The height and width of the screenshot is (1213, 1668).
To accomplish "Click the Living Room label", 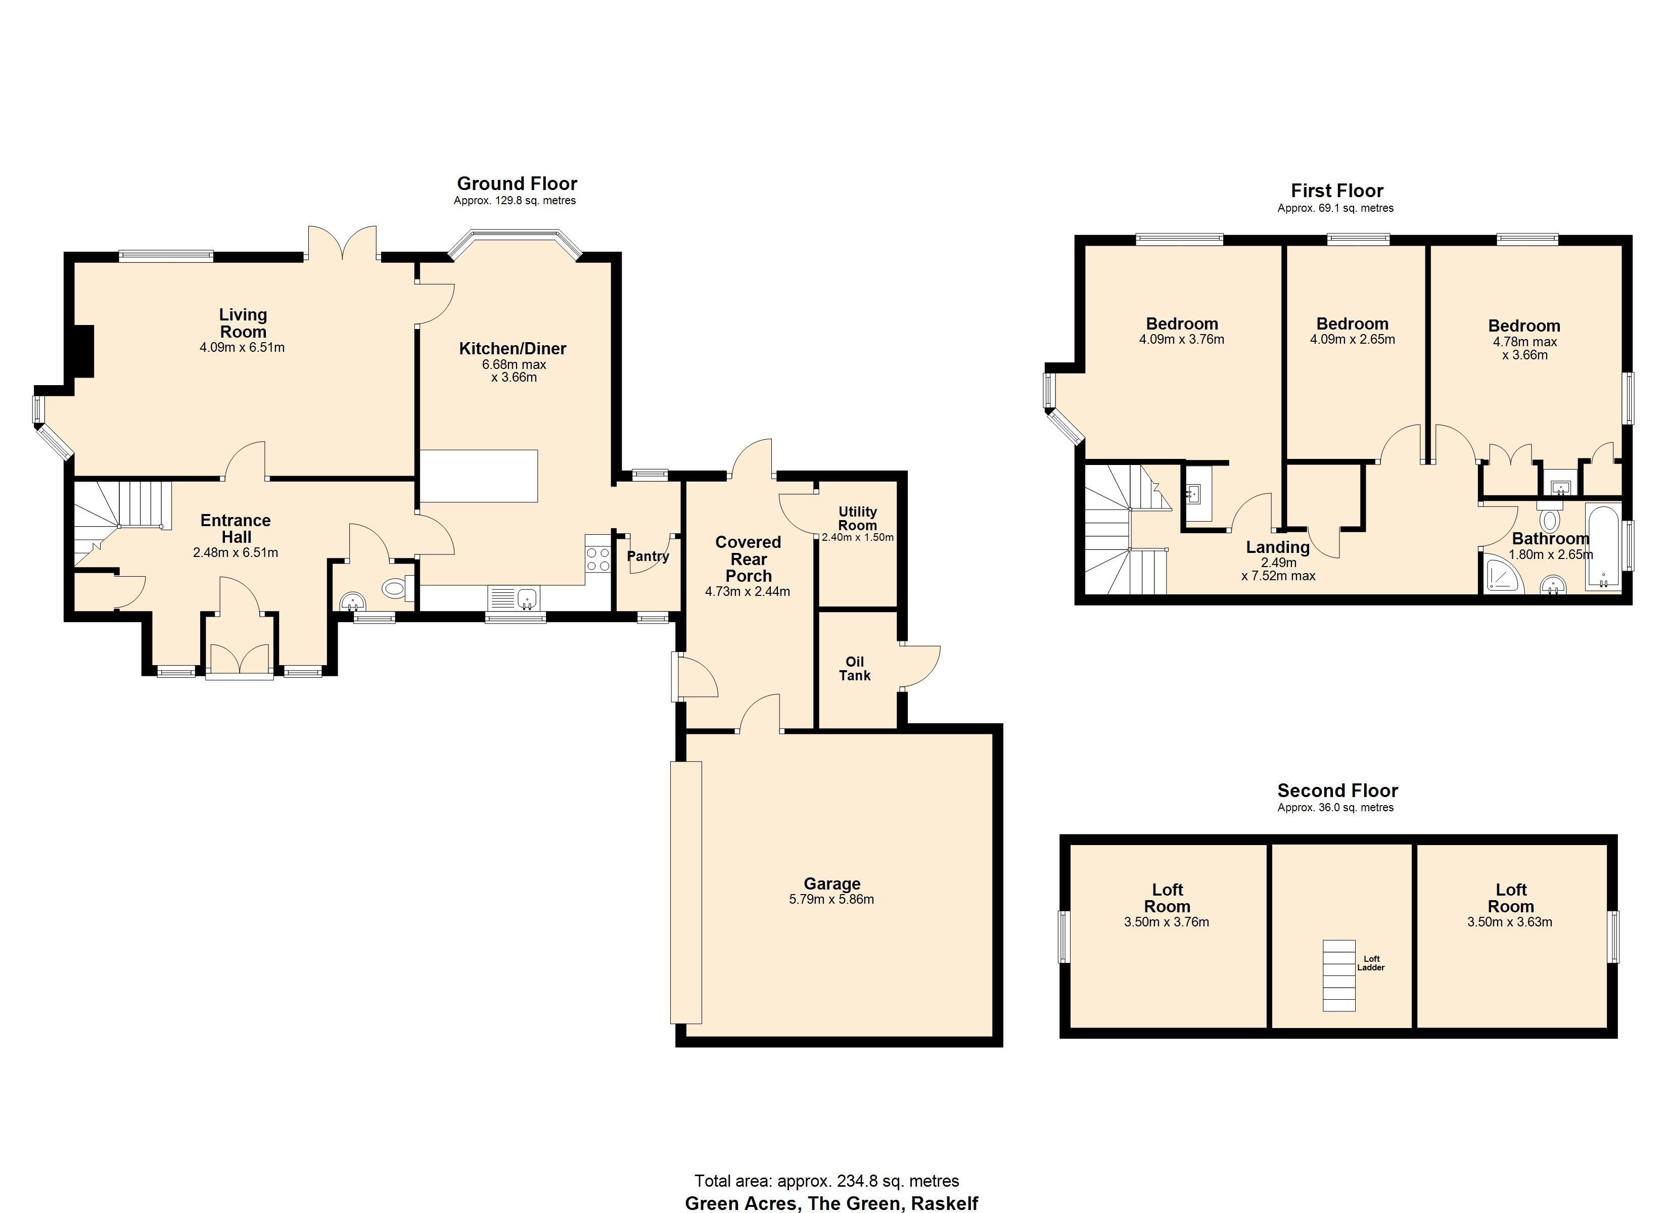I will pos(243,323).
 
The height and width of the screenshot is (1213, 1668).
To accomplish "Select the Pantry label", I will pos(647,556).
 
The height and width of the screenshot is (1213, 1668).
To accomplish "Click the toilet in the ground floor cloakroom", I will pos(396,588).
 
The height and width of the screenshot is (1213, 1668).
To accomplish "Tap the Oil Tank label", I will pos(855,669).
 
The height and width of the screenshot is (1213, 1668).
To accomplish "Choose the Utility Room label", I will pos(858,518).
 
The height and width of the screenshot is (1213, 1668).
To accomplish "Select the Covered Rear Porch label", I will pos(748,559).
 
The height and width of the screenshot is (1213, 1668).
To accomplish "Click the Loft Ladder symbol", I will pos(1338,974).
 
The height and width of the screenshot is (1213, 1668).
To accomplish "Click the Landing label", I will pos(1277,547).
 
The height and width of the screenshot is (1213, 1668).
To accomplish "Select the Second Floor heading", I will pos(1337,791).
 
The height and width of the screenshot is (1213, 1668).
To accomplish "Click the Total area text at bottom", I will pos(826,1181).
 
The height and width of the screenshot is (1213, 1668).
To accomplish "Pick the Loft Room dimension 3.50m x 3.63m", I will pos(1509,922).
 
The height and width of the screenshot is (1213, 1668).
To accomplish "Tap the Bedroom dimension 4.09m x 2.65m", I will pos(1352,340).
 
